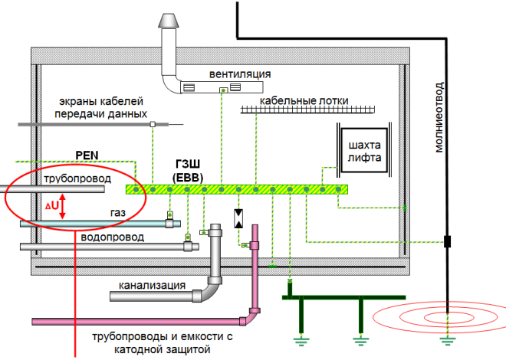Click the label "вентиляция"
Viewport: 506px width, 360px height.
[241, 74]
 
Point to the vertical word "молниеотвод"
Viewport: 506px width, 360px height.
[439, 115]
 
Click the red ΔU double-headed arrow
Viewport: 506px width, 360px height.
[63, 205]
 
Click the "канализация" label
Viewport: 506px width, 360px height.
[152, 286]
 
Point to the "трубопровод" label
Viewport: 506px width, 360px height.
[75, 178]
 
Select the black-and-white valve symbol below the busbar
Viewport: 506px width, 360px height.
[238, 218]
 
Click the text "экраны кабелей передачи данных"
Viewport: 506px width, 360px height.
[104, 107]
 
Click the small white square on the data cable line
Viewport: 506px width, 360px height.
[153, 124]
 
